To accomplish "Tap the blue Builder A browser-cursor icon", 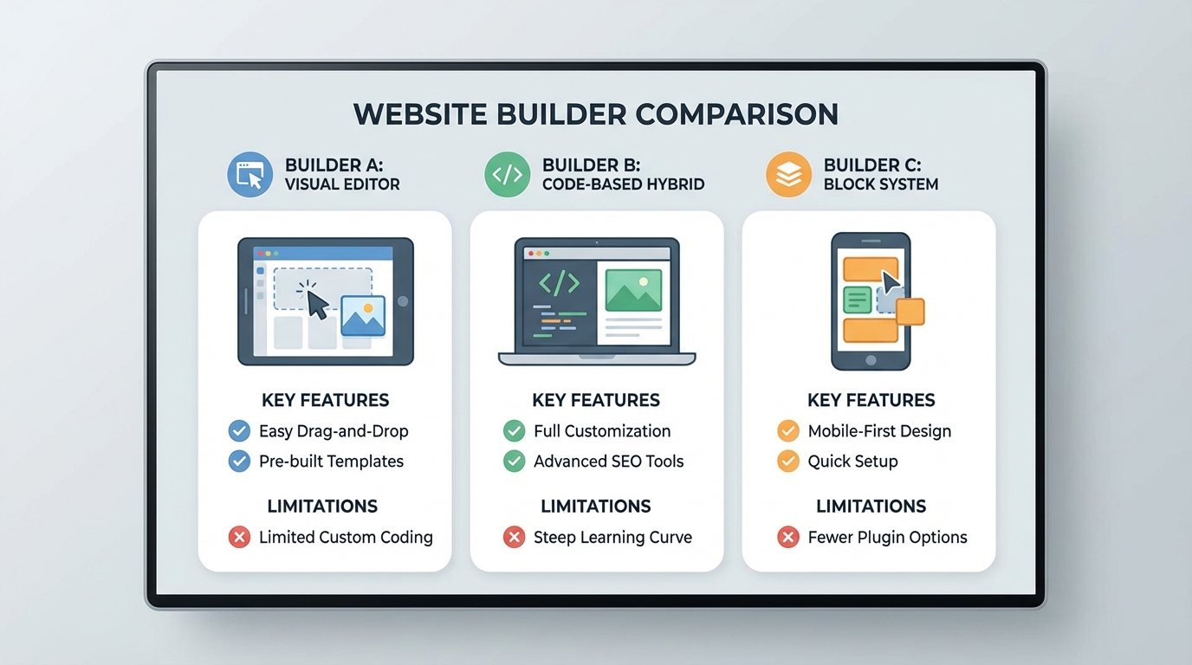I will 249,174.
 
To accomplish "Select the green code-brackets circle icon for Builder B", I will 507,174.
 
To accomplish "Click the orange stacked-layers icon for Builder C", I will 788,174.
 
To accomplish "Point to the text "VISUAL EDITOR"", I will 342,184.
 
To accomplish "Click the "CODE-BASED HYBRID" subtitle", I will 623,184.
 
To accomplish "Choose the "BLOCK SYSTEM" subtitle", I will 881,184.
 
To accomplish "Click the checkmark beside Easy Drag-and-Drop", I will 239,431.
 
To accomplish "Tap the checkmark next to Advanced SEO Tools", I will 514,462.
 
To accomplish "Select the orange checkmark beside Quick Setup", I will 788,462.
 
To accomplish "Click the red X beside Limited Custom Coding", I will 239,538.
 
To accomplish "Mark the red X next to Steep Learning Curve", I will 514,538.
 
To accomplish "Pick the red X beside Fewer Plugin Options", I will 788,538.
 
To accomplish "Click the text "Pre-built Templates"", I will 331,462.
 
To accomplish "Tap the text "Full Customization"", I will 602,431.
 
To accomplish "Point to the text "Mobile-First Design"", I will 879,431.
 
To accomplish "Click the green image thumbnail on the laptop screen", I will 633,290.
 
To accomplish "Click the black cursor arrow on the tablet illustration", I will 318,304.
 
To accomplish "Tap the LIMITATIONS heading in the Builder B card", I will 596,507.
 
